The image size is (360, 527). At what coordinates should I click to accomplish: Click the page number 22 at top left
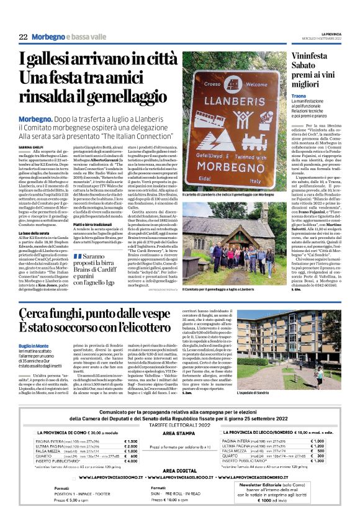click(x=22, y=37)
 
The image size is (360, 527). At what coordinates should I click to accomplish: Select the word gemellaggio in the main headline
click(x=128, y=97)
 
